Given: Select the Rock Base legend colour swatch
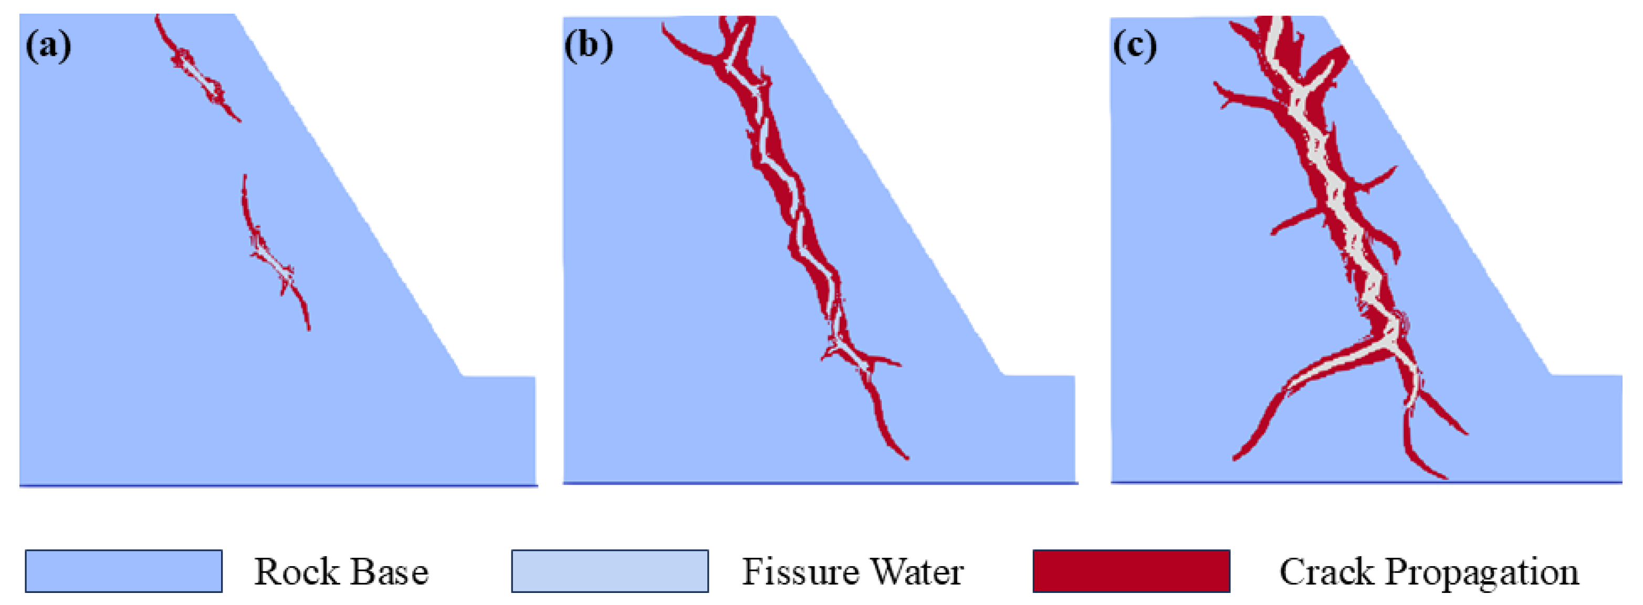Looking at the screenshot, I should click(x=124, y=570).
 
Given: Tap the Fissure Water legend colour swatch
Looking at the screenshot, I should click(x=609, y=570).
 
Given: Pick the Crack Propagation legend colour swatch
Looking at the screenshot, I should click(x=1131, y=570).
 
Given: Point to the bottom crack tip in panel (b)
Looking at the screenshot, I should click(x=906, y=457).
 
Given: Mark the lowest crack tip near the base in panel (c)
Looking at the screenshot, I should click(x=1444, y=477).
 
